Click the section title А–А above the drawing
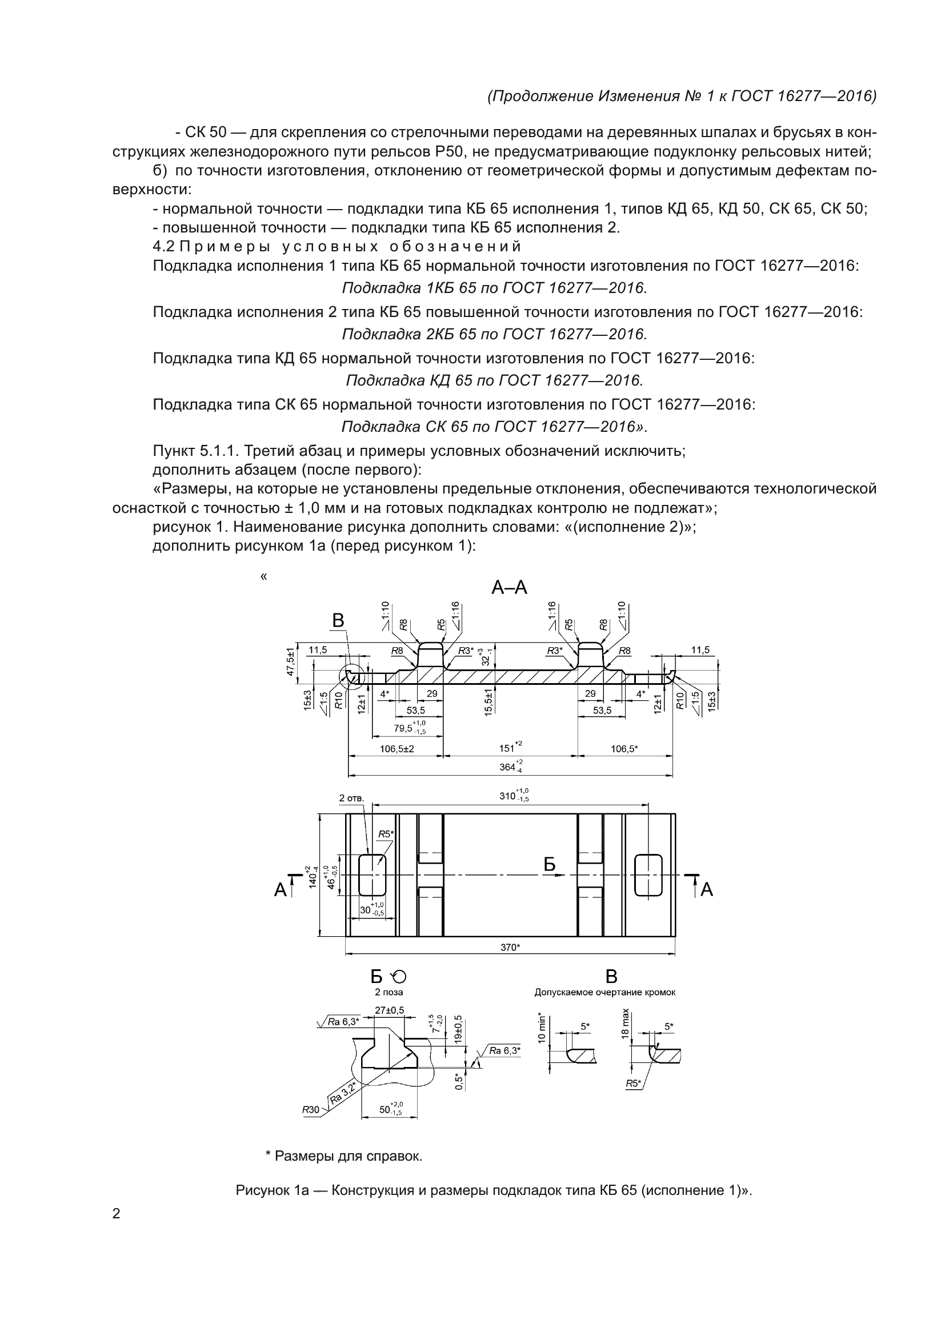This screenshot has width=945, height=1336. coord(509,588)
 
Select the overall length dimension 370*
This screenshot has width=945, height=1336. coord(510,947)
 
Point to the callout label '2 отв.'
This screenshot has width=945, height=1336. coord(351,799)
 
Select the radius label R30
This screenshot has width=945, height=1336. coord(310,1110)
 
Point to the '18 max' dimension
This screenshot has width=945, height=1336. coord(625,1024)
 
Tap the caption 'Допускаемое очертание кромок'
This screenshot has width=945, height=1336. coord(604,992)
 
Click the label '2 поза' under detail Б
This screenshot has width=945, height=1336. coord(389,992)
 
